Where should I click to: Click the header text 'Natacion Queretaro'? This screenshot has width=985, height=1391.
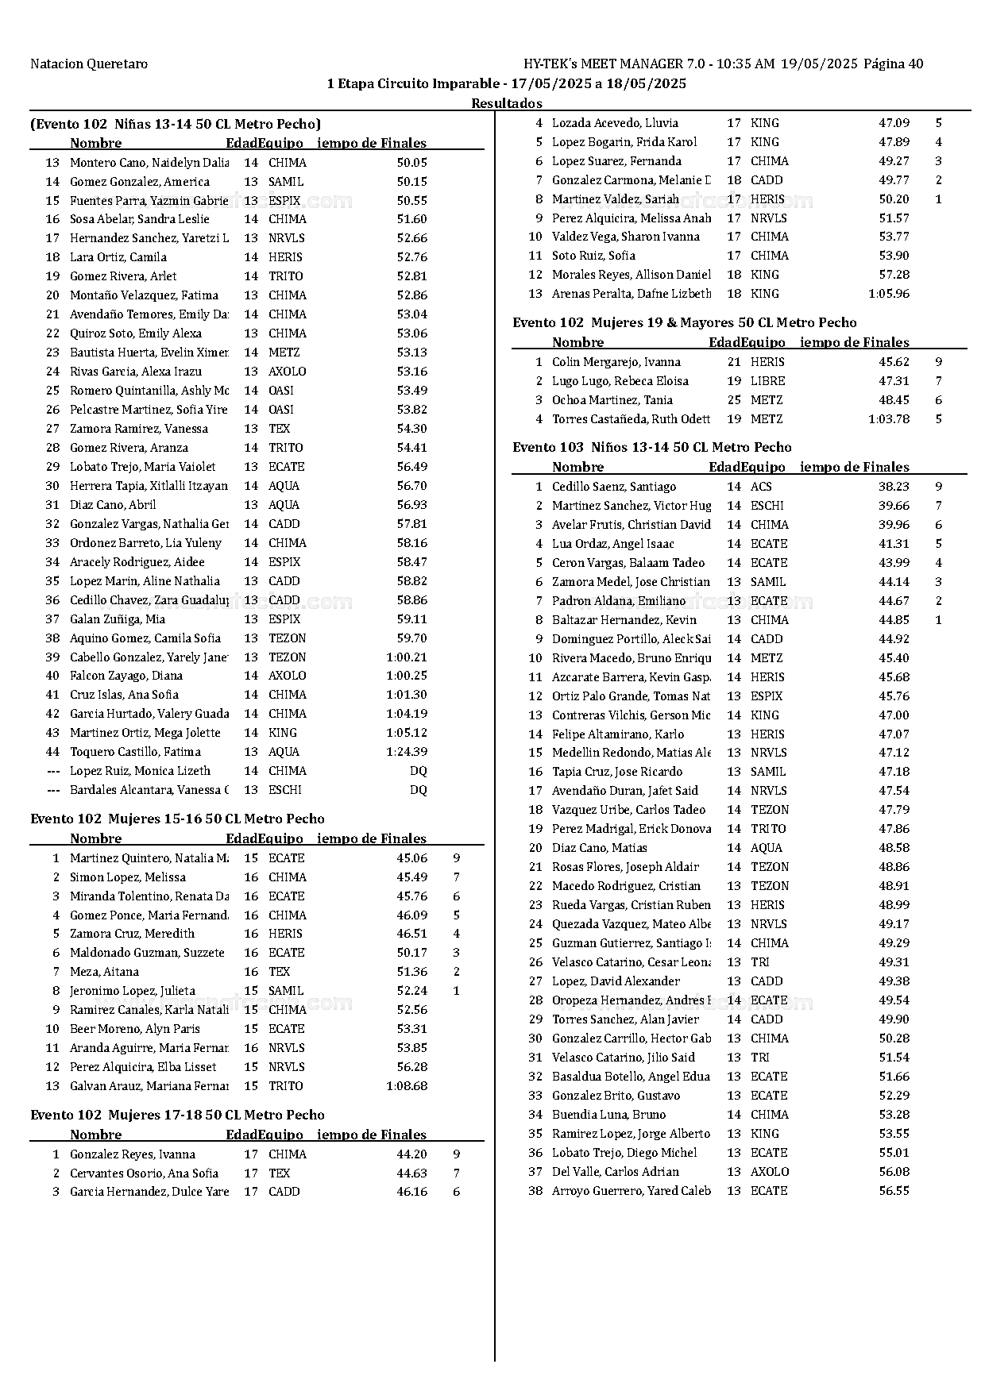[x=89, y=64]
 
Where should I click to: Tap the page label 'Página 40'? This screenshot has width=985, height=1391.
[x=893, y=64]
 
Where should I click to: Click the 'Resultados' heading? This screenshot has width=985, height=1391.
[x=507, y=103]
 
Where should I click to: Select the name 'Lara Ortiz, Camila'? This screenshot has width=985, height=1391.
[x=118, y=257]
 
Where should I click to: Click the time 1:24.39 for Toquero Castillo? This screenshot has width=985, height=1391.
[x=407, y=752]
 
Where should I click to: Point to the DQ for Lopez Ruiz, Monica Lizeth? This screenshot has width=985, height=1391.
[x=418, y=771]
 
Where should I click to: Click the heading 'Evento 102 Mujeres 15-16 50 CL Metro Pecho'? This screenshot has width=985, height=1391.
[x=177, y=819]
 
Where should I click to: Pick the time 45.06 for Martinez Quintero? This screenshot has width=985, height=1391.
[x=411, y=858]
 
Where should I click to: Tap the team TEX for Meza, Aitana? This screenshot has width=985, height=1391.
[x=279, y=972]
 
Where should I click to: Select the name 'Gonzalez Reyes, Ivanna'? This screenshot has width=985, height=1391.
[x=133, y=1154]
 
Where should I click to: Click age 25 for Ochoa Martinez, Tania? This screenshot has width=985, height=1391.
[x=734, y=400]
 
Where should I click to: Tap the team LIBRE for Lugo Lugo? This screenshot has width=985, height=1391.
[x=767, y=381]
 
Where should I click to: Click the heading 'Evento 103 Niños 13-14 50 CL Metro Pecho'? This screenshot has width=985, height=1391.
[x=651, y=447]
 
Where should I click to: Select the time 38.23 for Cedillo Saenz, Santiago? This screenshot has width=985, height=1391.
[x=894, y=487]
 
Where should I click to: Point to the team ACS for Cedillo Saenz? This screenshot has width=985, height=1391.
[x=761, y=487]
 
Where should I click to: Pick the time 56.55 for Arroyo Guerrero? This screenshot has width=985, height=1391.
[x=894, y=1191]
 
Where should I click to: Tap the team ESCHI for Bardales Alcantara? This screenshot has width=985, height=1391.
[x=285, y=790]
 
